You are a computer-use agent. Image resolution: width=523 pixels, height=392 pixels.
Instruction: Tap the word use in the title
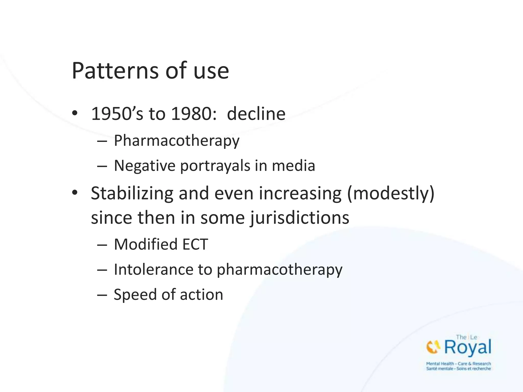[x=211, y=71]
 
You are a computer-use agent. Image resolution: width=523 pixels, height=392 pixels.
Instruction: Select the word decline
[x=256, y=114]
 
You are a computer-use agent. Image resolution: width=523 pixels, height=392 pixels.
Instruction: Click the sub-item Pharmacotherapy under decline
[x=176, y=141]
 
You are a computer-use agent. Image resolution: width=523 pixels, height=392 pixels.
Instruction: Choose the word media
[x=293, y=166]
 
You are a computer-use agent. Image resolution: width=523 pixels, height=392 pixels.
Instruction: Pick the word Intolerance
[x=154, y=269]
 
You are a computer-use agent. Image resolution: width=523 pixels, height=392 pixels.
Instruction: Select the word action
[x=201, y=295]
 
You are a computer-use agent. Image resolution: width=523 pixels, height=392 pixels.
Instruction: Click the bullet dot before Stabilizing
[x=75, y=193]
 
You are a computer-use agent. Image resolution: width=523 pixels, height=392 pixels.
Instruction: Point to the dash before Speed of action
[x=102, y=295]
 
